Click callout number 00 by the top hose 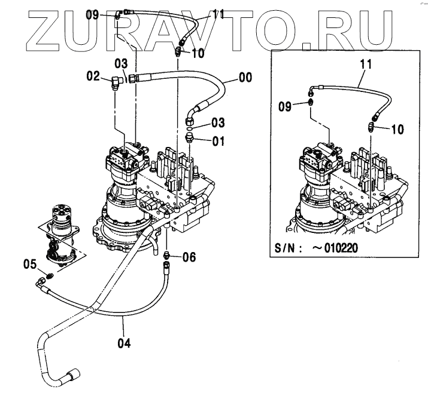(245, 77)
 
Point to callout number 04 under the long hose (123, 343)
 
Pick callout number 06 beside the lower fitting (189, 257)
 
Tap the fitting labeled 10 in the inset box (371, 126)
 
